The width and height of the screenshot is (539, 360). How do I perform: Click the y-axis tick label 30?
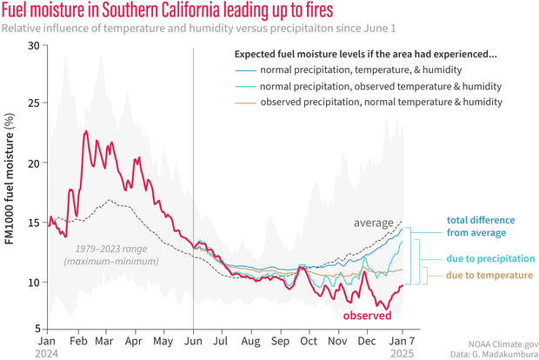(x=35, y=44)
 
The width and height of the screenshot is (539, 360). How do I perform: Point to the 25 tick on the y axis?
(x=35, y=103)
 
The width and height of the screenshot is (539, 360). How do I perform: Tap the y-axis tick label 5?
(x=38, y=327)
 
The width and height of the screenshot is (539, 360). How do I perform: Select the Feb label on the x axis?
(x=77, y=341)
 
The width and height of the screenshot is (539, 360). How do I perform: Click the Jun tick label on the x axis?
(x=192, y=341)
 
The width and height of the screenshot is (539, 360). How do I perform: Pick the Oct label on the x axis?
(x=309, y=341)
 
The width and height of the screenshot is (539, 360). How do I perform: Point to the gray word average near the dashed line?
(x=373, y=223)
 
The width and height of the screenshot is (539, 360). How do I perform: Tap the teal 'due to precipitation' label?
(x=476, y=258)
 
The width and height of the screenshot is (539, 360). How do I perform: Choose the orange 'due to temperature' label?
(x=477, y=275)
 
